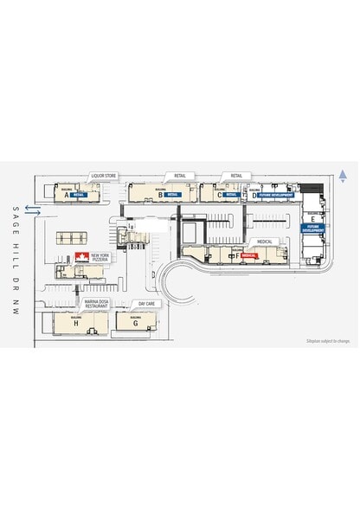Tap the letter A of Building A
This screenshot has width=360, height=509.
[x=67, y=196]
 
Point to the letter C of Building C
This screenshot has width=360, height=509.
[x=220, y=196]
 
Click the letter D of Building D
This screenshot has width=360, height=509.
[x=254, y=196]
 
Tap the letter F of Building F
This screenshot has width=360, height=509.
[x=236, y=257]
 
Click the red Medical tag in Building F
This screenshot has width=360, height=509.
[x=250, y=257]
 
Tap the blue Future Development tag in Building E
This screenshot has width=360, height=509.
[x=312, y=229]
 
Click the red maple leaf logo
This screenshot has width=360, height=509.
[x=81, y=257]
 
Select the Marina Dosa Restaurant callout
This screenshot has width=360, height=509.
[x=96, y=304]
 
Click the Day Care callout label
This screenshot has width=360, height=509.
[x=146, y=304]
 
